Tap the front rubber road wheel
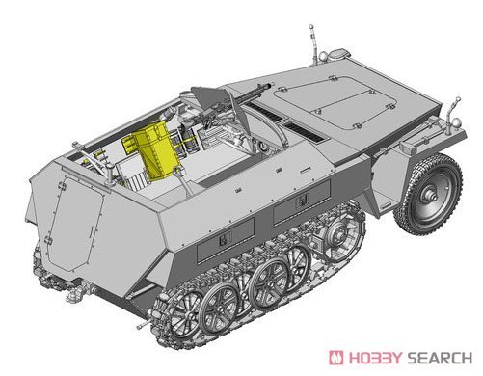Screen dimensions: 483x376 tap(429, 194)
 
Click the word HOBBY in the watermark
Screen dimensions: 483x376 tap(375, 358)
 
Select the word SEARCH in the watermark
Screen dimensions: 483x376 tap(440, 358)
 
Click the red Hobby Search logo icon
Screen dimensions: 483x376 tap(335, 358)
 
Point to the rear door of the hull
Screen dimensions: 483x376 tap(76, 223)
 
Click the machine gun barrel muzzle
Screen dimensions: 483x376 tap(269, 85)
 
